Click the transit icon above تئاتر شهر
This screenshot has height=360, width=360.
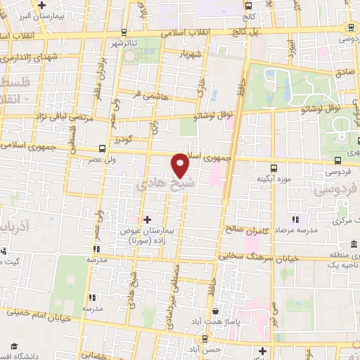coord(124,32)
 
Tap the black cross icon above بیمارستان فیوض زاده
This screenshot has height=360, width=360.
coord(147,219)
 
